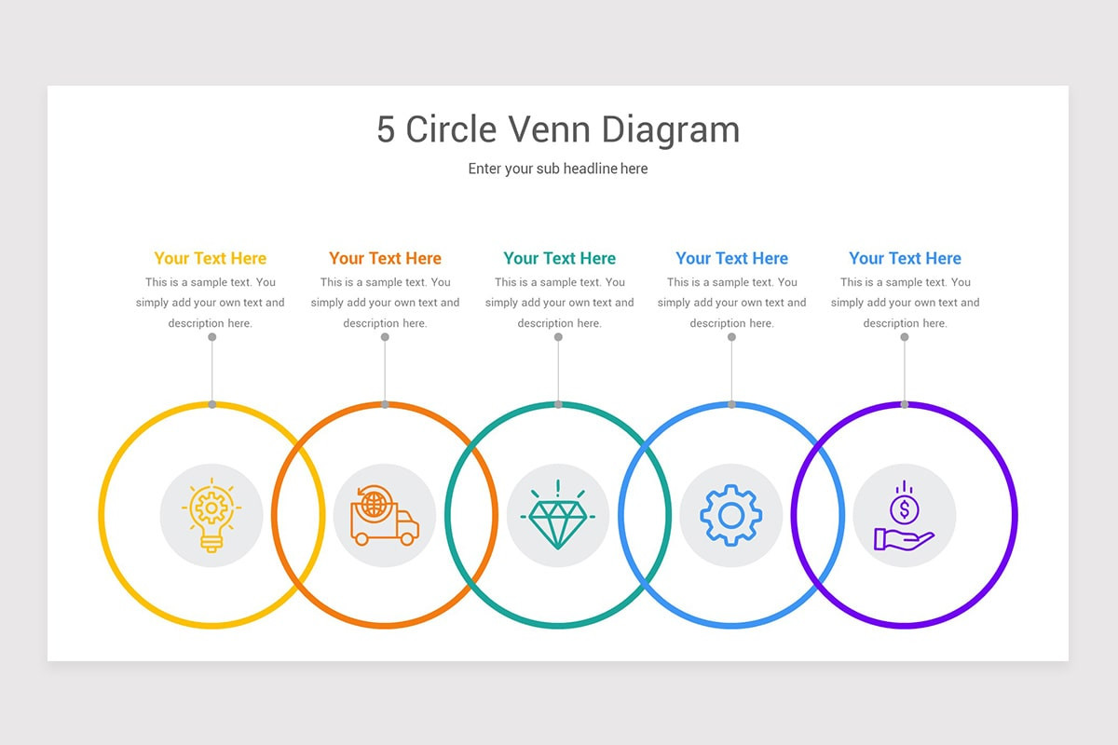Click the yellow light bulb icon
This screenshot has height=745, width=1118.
click(x=211, y=515)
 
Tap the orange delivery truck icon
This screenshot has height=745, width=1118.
click(x=385, y=516)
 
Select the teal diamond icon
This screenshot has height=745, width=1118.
click(x=558, y=517)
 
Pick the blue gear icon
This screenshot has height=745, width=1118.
click(x=731, y=515)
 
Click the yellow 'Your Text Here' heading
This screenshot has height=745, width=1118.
click(x=211, y=259)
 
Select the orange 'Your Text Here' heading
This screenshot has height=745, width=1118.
click(x=385, y=259)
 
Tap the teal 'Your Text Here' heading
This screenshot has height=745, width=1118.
click(x=559, y=259)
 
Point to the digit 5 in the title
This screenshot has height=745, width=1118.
click(x=386, y=129)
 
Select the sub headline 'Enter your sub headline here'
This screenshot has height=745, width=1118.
click(x=558, y=169)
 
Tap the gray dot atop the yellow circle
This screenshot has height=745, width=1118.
click(x=212, y=404)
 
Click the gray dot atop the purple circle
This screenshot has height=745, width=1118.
click(x=905, y=404)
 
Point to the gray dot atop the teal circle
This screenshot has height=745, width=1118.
click(x=558, y=404)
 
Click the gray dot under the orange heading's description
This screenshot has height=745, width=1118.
click(x=385, y=337)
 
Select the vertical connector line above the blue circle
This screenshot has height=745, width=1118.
click(x=731, y=371)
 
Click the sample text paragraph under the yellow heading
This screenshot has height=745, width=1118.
click(x=211, y=303)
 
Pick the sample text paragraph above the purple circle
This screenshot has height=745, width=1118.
click(x=905, y=303)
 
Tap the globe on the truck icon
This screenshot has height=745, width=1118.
click(x=375, y=504)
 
